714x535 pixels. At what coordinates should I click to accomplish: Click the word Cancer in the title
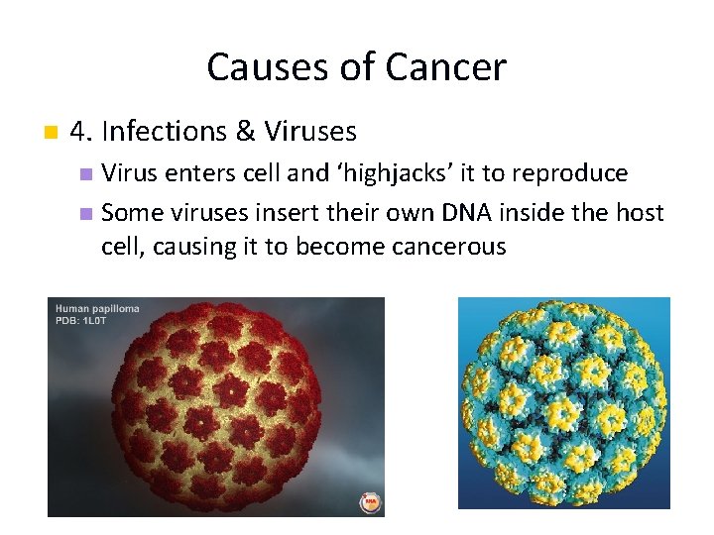coord(445,67)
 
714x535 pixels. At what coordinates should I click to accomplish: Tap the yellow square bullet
coord(50,132)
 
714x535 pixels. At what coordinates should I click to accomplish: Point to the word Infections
coord(168,131)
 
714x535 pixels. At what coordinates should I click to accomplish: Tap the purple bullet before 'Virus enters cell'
coord(85,174)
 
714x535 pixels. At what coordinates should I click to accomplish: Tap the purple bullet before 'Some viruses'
coord(85,212)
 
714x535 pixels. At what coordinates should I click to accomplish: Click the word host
coord(639,211)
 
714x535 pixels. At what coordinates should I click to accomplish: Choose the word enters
coord(194,173)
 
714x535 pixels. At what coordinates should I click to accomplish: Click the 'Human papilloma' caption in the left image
coord(97,308)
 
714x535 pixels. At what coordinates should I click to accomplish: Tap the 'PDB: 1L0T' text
coord(83,320)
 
